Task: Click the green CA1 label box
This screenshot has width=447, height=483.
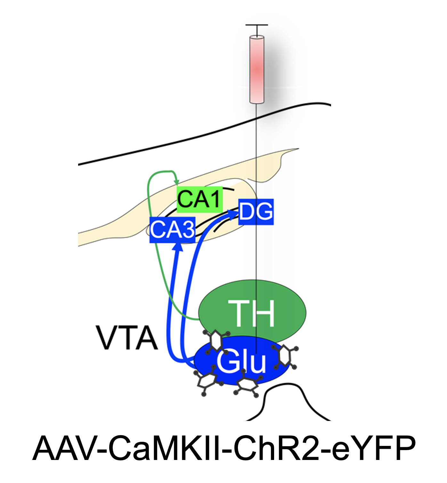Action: tap(199, 199)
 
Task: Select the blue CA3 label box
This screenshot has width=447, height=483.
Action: tap(172, 229)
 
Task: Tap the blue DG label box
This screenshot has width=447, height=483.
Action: tap(256, 211)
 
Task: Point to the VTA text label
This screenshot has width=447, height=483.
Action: tap(127, 338)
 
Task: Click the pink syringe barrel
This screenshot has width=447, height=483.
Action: tap(257, 69)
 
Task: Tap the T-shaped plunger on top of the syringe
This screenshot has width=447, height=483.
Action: tap(257, 26)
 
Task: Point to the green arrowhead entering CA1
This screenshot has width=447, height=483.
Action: tap(176, 182)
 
